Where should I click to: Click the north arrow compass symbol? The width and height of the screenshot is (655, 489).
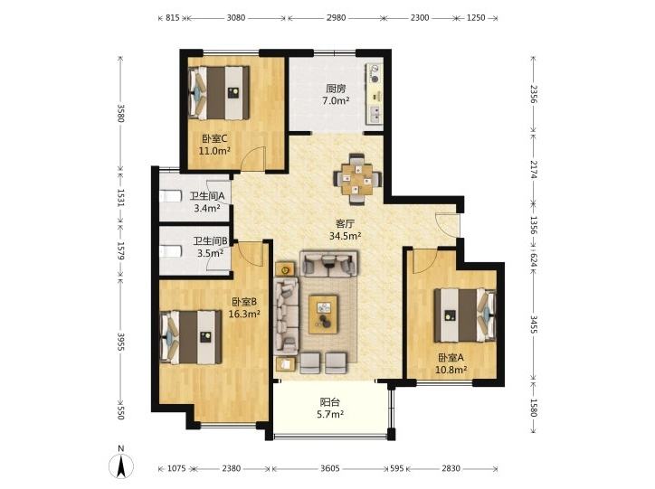click(121, 465)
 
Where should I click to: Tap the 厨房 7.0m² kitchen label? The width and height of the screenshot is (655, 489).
click(336, 95)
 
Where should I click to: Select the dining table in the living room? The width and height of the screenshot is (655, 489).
click(356, 179)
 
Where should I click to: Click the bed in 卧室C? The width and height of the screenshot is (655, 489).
click(219, 92)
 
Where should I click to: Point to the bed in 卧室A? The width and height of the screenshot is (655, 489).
click(465, 315)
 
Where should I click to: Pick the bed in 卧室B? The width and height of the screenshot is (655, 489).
click(191, 336)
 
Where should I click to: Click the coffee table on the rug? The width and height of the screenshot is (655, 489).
click(324, 315)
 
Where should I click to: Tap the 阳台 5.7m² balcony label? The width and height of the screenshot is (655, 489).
click(330, 408)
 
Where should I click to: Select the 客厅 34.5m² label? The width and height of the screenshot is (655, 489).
click(345, 230)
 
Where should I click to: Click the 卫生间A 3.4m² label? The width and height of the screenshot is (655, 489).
click(207, 202)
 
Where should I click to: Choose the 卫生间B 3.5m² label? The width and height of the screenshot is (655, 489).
click(210, 247)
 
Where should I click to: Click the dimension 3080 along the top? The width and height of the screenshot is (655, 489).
click(236, 17)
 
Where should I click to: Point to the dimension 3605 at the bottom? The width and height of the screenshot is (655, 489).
click(330, 468)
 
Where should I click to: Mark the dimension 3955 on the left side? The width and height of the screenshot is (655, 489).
click(120, 342)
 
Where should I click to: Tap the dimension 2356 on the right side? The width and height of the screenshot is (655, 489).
click(534, 94)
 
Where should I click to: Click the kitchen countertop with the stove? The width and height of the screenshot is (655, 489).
click(375, 93)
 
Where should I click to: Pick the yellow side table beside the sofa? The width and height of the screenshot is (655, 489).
click(285, 269)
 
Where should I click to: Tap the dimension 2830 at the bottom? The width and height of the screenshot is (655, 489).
click(451, 468)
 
